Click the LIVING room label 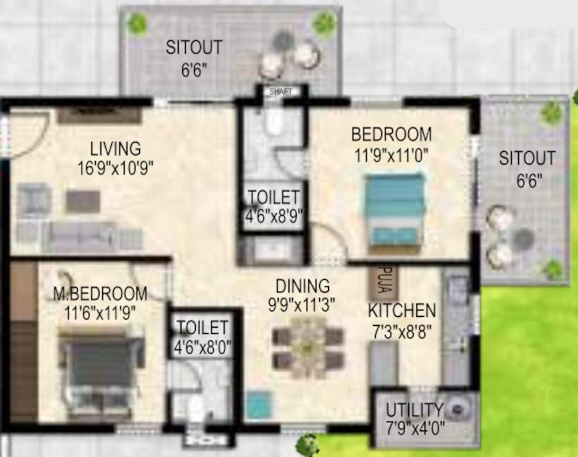tap(116, 148)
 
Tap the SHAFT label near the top tap(281, 92)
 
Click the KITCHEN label tap(402, 311)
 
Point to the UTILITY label tap(415, 410)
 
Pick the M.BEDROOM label tap(100, 294)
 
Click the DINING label tap(302, 285)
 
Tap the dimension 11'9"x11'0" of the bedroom tap(391, 154)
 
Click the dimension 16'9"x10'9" tap(116, 168)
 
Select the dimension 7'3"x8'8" tap(403, 332)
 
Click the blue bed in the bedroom tap(395, 208)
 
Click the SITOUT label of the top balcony tap(194, 48)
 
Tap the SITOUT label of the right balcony tap(527, 158)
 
